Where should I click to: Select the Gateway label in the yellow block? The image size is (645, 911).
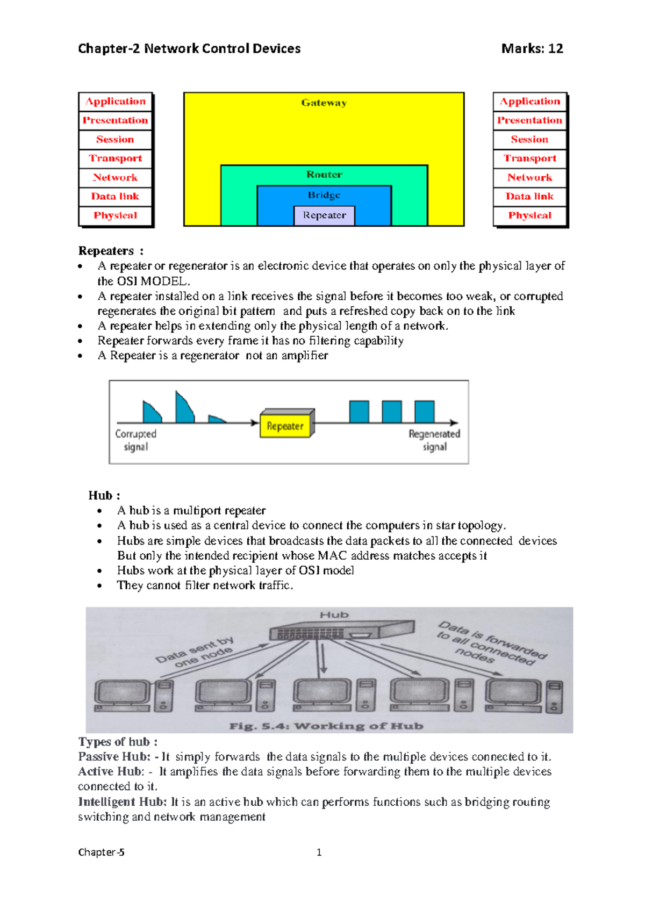tap(324, 103)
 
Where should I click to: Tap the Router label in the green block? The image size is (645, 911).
tap(324, 175)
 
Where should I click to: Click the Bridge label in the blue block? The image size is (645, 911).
tap(324, 195)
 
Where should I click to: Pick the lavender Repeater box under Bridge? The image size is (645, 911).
tap(324, 215)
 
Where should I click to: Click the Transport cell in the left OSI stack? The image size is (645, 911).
tap(115, 158)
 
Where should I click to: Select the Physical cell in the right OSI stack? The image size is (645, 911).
tap(529, 215)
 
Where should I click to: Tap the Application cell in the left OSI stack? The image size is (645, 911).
tap(115, 102)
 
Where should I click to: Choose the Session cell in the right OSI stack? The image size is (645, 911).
tap(529, 140)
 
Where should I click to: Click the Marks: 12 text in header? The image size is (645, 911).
tap(532, 49)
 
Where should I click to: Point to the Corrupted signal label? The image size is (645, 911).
tap(135, 440)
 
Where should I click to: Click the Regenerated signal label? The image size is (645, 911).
tap(434, 440)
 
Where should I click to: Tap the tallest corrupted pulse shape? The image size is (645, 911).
tap(184, 408)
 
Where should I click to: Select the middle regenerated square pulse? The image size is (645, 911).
tap(392, 412)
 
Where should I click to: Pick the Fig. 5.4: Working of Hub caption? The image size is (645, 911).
tap(326, 726)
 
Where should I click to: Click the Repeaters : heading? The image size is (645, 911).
tap(111, 251)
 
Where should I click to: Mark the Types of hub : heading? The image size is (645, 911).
tap(118, 742)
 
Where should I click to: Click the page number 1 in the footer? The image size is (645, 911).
tap(319, 852)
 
